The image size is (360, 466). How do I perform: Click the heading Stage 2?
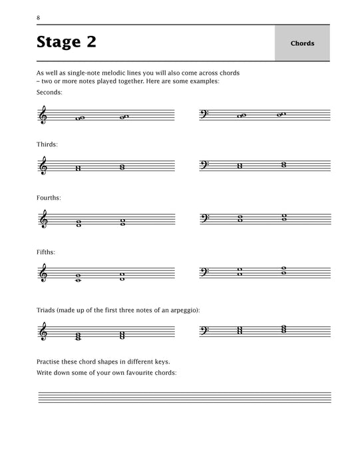pos(67,43)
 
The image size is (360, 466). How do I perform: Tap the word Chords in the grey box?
pos(302,44)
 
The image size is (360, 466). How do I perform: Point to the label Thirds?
pos(48,143)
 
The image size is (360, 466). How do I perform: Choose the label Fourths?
pos(50,198)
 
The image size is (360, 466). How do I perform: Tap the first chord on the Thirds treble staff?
pos(79,168)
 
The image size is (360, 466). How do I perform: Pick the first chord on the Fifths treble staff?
pos(79,278)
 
